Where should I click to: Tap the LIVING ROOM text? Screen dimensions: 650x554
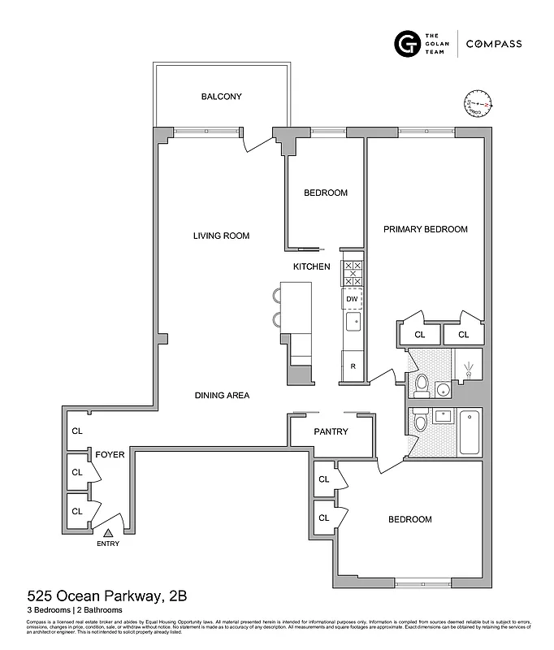click(x=221, y=236)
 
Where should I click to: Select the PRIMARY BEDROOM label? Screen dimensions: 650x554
click(x=426, y=229)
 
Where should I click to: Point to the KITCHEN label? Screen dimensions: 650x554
click(x=312, y=266)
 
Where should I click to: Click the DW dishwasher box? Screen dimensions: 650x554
click(x=352, y=299)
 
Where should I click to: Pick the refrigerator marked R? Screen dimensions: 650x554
click(x=353, y=366)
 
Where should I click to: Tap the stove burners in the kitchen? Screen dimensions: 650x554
click(x=353, y=273)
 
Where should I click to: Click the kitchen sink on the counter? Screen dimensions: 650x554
click(x=353, y=323)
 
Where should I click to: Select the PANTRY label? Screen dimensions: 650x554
click(x=331, y=431)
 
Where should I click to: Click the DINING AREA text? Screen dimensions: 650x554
click(x=222, y=396)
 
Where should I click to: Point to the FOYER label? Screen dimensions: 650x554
click(x=110, y=455)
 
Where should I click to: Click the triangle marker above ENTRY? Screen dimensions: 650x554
click(x=106, y=531)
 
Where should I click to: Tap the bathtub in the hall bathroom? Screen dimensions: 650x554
click(x=470, y=431)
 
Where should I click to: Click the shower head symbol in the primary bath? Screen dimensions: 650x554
click(x=468, y=369)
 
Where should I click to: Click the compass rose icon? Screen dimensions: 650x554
click(x=479, y=105)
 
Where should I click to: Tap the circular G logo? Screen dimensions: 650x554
click(x=405, y=43)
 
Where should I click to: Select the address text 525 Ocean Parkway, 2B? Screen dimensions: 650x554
click(x=107, y=596)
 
